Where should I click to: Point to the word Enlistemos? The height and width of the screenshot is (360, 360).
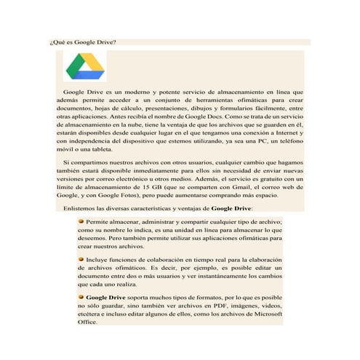pos(83,208)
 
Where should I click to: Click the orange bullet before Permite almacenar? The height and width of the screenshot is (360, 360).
pos(81,219)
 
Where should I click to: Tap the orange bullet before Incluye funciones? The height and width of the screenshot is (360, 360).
pos(81,259)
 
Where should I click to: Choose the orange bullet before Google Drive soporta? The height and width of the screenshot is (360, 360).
pos(81,297)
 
